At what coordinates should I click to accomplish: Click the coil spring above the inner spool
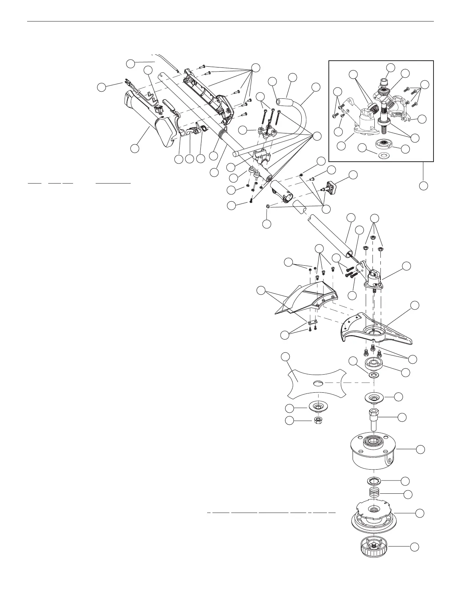[374, 493]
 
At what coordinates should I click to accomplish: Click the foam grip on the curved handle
[284, 101]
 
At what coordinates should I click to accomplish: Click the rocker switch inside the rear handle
[159, 109]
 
